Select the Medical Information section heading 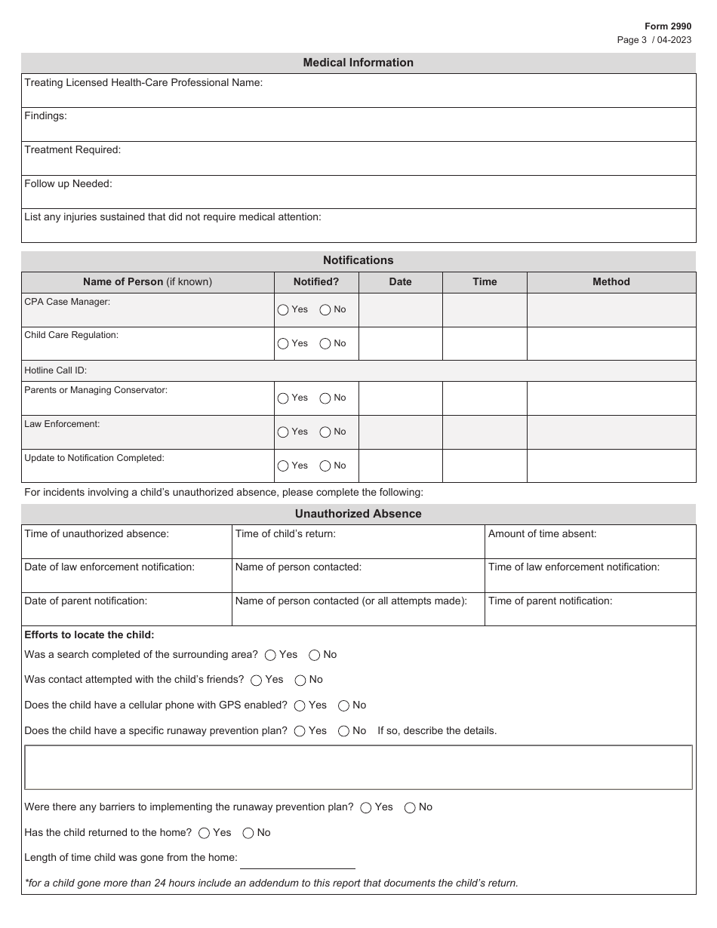click(x=358, y=63)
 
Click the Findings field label click(x=45, y=116)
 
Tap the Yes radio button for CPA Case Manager click(x=283, y=309)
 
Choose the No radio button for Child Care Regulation click(x=325, y=343)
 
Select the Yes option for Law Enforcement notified click(x=283, y=432)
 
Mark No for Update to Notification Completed click(x=325, y=466)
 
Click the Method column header click(x=611, y=281)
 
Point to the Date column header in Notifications click(x=400, y=281)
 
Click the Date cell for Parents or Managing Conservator click(x=400, y=398)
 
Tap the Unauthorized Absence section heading click(x=358, y=514)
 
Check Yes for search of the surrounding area click(x=270, y=655)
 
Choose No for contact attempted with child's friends click(x=300, y=680)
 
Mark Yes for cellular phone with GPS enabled click(x=300, y=705)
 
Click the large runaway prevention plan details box click(x=358, y=767)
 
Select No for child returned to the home click(x=248, y=833)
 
